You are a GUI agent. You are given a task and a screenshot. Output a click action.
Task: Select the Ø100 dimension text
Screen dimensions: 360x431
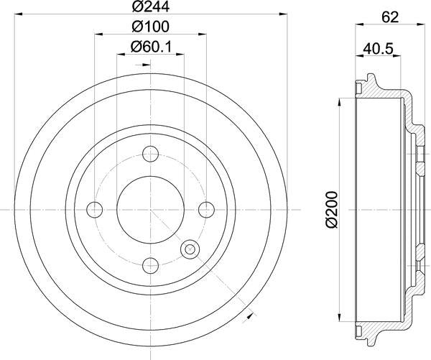point(151,27)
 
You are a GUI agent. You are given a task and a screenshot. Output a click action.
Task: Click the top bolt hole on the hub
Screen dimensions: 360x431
point(151,153)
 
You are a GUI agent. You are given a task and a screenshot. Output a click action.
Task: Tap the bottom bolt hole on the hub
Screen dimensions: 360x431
point(151,264)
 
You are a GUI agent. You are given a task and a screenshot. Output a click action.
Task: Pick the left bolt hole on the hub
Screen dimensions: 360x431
point(95,209)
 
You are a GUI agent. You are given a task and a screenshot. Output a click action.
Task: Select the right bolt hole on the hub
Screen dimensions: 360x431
point(207,209)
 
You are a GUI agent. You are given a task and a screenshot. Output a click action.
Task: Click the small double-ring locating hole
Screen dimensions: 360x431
point(190,249)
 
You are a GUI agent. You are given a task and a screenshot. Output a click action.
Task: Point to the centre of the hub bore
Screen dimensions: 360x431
point(151,209)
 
